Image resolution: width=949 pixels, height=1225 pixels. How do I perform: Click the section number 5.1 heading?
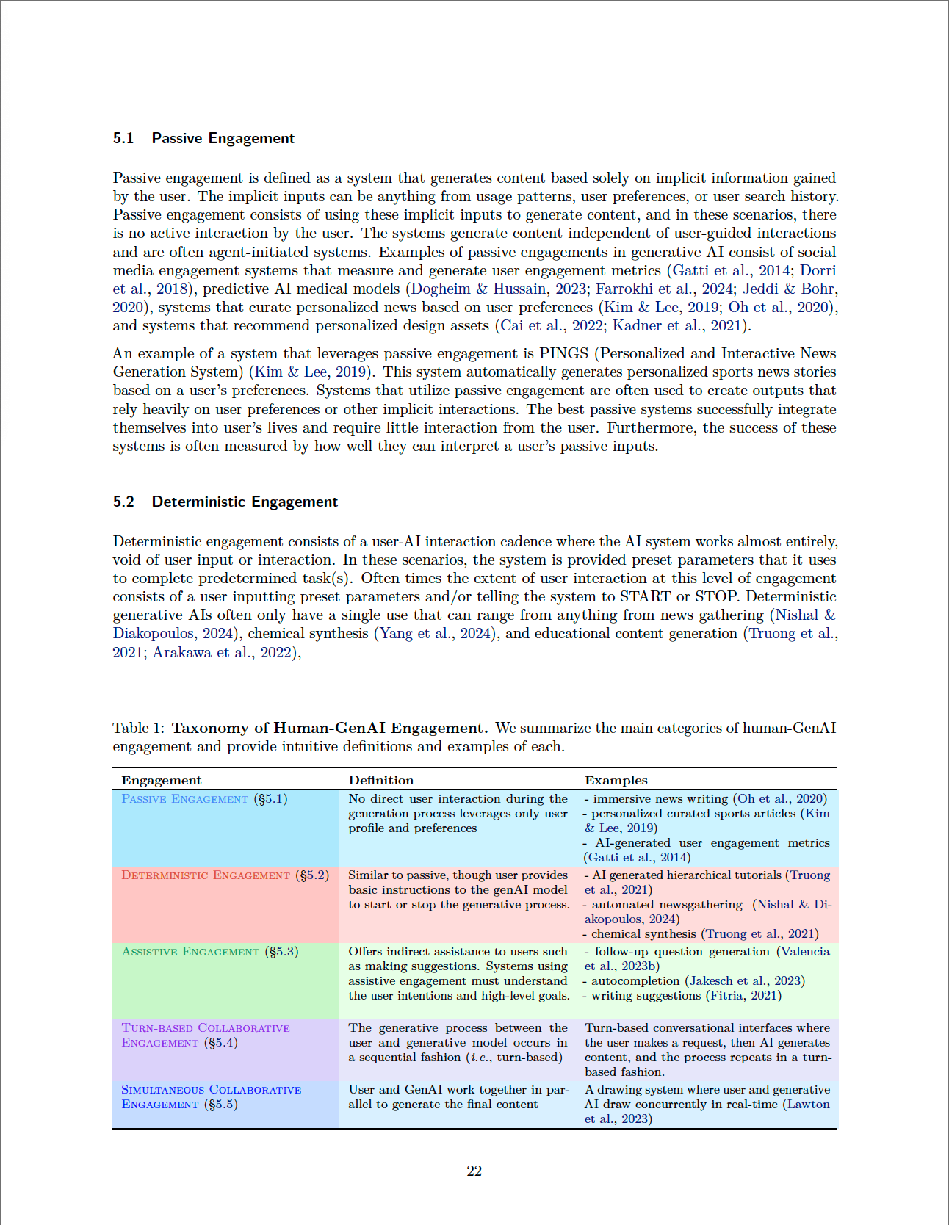pyautogui.click(x=123, y=138)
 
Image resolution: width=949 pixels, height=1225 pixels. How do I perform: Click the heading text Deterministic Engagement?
pyautogui.click(x=245, y=502)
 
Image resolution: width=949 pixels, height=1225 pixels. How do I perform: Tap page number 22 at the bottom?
pyautogui.click(x=474, y=1171)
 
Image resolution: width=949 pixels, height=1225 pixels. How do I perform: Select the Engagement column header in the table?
pyautogui.click(x=162, y=780)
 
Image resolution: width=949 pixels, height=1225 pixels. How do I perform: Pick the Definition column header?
pyautogui.click(x=381, y=780)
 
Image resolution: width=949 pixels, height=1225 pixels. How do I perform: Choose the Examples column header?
pyautogui.click(x=616, y=780)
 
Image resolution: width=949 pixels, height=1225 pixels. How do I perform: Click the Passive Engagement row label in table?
pyautogui.click(x=185, y=799)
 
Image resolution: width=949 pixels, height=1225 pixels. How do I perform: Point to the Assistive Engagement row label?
pyautogui.click(x=190, y=952)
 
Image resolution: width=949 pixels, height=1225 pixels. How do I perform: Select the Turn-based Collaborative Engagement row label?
pyautogui.click(x=206, y=1036)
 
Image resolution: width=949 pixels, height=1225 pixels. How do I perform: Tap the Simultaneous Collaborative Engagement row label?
pyautogui.click(x=211, y=1097)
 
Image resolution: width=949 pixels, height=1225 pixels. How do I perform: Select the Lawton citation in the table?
pyautogui.click(x=808, y=1105)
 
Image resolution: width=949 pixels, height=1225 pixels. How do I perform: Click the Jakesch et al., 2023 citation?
pyautogui.click(x=745, y=981)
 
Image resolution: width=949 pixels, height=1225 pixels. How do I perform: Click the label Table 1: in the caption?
pyautogui.click(x=139, y=728)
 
